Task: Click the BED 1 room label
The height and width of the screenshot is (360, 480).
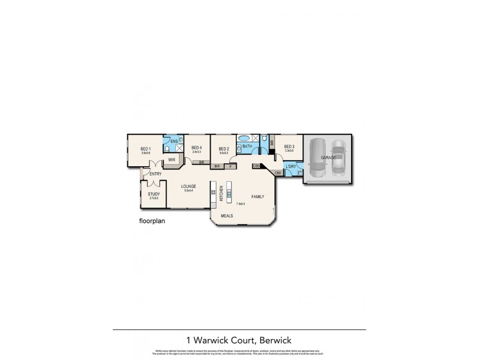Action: (145, 149)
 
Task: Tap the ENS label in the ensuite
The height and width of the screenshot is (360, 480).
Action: (173, 141)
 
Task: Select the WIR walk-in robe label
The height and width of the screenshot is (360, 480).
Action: (171, 160)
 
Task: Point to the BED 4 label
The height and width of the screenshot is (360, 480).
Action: (196, 148)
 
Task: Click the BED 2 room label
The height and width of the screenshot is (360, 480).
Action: (223, 149)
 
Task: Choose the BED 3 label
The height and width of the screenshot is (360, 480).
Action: (289, 146)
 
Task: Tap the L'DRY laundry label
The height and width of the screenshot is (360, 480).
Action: (292, 166)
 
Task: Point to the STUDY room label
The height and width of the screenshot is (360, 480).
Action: (154, 193)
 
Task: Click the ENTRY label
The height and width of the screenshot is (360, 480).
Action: (156, 174)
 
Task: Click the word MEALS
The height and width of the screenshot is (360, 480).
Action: (227, 214)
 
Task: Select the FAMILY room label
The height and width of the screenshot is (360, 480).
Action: (258, 196)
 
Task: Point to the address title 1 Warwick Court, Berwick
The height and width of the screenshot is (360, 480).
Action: (239, 340)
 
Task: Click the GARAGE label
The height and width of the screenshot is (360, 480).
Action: (328, 157)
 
